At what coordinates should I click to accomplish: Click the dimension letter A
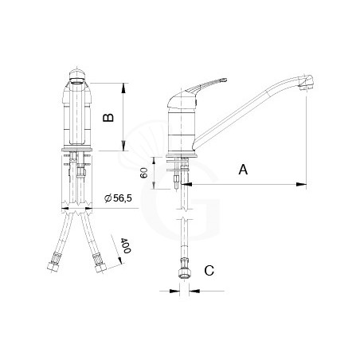(x=243, y=170)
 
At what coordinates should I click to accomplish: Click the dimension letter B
(x=108, y=118)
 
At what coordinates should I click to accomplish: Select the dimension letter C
(x=209, y=271)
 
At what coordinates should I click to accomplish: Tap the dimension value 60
(x=143, y=173)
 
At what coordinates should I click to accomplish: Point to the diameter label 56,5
(x=119, y=198)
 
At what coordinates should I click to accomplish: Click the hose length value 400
(x=126, y=245)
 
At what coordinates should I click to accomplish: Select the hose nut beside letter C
(x=183, y=270)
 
